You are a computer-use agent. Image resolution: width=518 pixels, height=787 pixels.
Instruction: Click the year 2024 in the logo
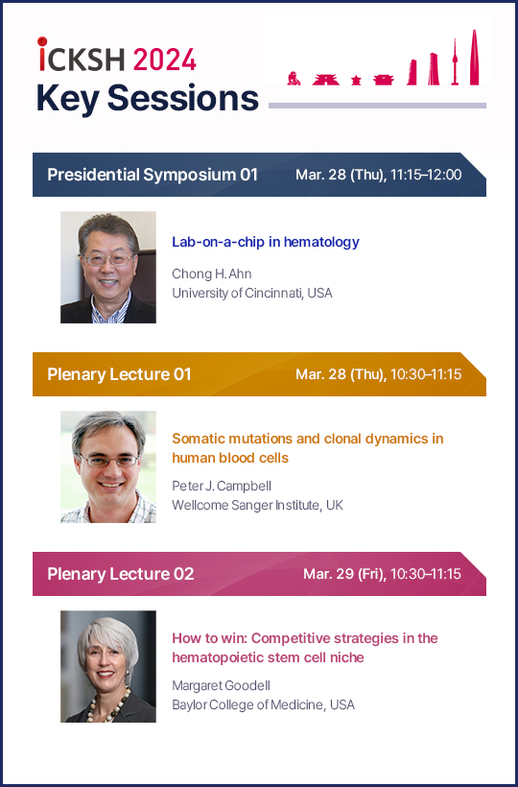tap(164, 60)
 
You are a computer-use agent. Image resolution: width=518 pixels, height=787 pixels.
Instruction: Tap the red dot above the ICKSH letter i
tap(42, 41)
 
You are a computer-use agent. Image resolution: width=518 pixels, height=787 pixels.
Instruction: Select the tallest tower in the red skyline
tap(474, 58)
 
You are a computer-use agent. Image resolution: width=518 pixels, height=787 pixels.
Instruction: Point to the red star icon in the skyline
tap(356, 80)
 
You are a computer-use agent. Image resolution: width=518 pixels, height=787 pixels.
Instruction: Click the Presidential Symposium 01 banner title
tap(153, 175)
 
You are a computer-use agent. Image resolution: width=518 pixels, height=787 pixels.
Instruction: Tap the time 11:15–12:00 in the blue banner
tap(426, 175)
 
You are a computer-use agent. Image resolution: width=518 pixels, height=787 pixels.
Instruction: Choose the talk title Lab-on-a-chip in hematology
tap(266, 242)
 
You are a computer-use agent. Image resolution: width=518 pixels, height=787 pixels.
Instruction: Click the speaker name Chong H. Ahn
tap(212, 274)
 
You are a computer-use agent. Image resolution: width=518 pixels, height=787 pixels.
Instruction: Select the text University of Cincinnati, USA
tap(252, 293)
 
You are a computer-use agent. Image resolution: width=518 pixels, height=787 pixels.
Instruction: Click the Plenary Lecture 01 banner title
tap(119, 374)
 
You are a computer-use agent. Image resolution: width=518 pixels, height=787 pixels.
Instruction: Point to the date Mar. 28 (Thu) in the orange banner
tap(341, 374)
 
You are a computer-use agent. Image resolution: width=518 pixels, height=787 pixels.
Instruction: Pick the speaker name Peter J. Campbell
tap(222, 486)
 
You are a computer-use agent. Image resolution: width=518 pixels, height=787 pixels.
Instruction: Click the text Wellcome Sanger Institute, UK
tap(258, 505)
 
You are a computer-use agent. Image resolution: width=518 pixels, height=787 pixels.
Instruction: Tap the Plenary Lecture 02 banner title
tap(120, 574)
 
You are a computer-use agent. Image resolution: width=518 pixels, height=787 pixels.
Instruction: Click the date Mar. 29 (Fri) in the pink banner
tap(344, 574)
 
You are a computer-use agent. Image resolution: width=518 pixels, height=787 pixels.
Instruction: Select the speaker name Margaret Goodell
tap(222, 685)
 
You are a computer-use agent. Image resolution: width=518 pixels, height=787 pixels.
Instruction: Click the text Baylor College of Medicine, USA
tap(263, 704)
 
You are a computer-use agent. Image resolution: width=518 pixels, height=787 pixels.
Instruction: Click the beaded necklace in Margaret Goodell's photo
tap(107, 706)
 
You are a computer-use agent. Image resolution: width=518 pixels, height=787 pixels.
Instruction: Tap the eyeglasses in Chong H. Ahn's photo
tap(108, 259)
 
